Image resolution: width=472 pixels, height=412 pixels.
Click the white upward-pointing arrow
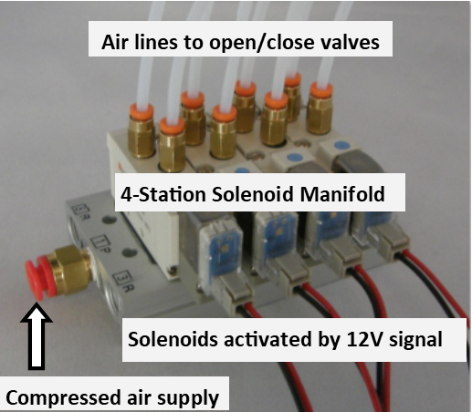click(x=37, y=337)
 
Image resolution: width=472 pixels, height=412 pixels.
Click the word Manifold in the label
click(x=342, y=194)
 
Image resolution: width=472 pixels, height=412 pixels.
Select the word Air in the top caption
click(x=114, y=42)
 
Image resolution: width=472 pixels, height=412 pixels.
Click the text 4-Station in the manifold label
click(x=163, y=194)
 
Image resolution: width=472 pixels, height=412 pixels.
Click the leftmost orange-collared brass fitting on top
click(x=141, y=130)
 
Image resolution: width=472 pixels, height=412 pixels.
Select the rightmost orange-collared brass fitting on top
click(x=320, y=108)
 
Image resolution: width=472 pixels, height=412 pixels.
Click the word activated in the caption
click(x=267, y=339)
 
